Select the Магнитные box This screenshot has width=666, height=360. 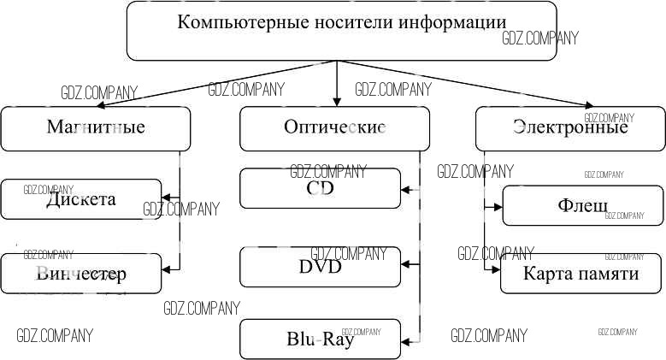click(95, 128)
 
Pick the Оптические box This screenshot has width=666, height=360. click(334, 128)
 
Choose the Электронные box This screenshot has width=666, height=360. click(570, 128)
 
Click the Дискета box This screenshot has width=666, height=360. click(81, 199)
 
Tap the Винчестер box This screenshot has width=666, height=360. click(81, 274)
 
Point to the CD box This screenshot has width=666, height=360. click(320, 188)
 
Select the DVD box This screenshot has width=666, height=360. click(320, 267)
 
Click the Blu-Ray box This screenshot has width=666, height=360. click(320, 339)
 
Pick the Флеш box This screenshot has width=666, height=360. click(582, 206)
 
